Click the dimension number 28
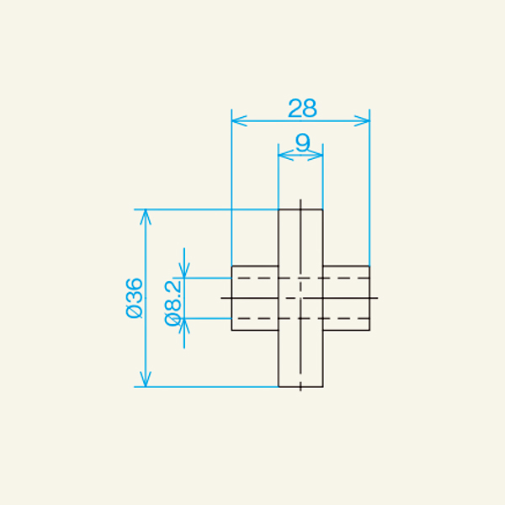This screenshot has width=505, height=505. [301, 108]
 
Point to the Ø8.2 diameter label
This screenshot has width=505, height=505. [174, 300]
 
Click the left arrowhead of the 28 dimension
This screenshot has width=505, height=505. [237, 121]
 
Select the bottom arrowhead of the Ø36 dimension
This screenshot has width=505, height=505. [146, 382]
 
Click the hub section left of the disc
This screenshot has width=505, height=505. [255, 298]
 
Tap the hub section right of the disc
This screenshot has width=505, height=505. [346, 298]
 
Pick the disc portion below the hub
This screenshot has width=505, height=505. [300, 359]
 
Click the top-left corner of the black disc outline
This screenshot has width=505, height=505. [279, 209]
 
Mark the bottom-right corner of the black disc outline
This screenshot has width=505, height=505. [323, 387]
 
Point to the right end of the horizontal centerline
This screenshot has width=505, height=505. [379, 298]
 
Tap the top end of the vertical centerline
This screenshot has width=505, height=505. [300, 199]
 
